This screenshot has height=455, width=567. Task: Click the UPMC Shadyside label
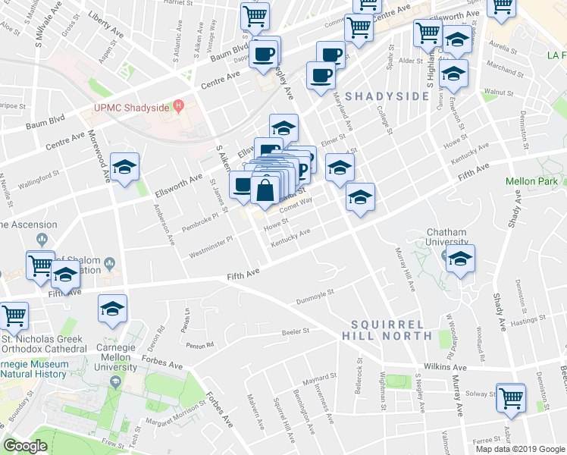point(131,107)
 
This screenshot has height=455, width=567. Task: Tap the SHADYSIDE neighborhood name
point(387,96)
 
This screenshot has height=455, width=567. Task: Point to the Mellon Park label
point(532,181)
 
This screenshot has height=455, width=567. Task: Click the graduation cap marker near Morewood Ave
point(124,168)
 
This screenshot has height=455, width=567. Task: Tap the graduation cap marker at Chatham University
point(459,259)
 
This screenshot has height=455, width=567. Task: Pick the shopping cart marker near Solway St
point(511,397)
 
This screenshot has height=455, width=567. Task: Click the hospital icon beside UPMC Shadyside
point(179,105)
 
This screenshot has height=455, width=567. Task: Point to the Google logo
point(25,446)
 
